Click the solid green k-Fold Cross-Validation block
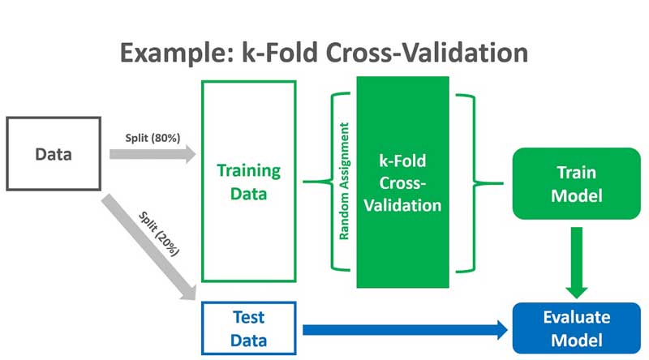point(402,182)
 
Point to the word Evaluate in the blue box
point(576,317)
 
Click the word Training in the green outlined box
point(248,171)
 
